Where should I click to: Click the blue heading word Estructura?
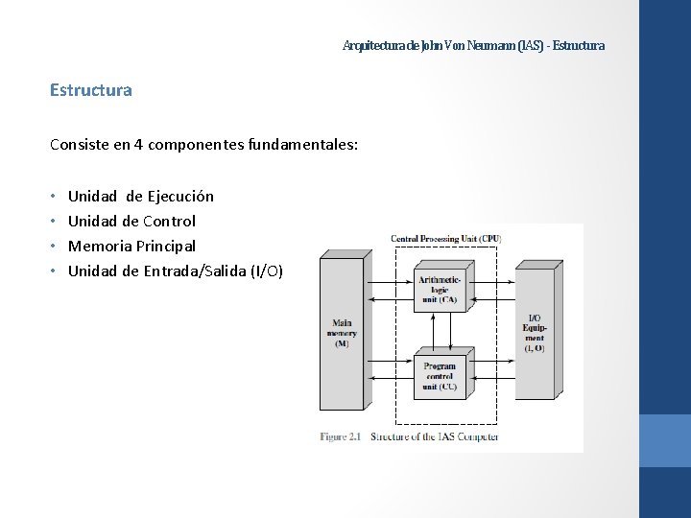pos(91,90)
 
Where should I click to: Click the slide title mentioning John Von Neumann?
pos(474,45)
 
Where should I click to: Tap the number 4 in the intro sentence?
pos(139,145)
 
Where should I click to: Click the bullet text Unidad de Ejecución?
pos(141,196)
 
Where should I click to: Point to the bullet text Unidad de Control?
pos(131,221)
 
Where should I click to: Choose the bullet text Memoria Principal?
pos(131,246)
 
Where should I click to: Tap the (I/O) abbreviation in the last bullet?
pos(266,271)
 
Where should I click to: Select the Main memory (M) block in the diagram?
pos(342,332)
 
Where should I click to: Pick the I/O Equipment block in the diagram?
pos(535,332)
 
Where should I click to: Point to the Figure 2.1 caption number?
pos(341,437)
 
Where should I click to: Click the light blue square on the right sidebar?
pos(664,440)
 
